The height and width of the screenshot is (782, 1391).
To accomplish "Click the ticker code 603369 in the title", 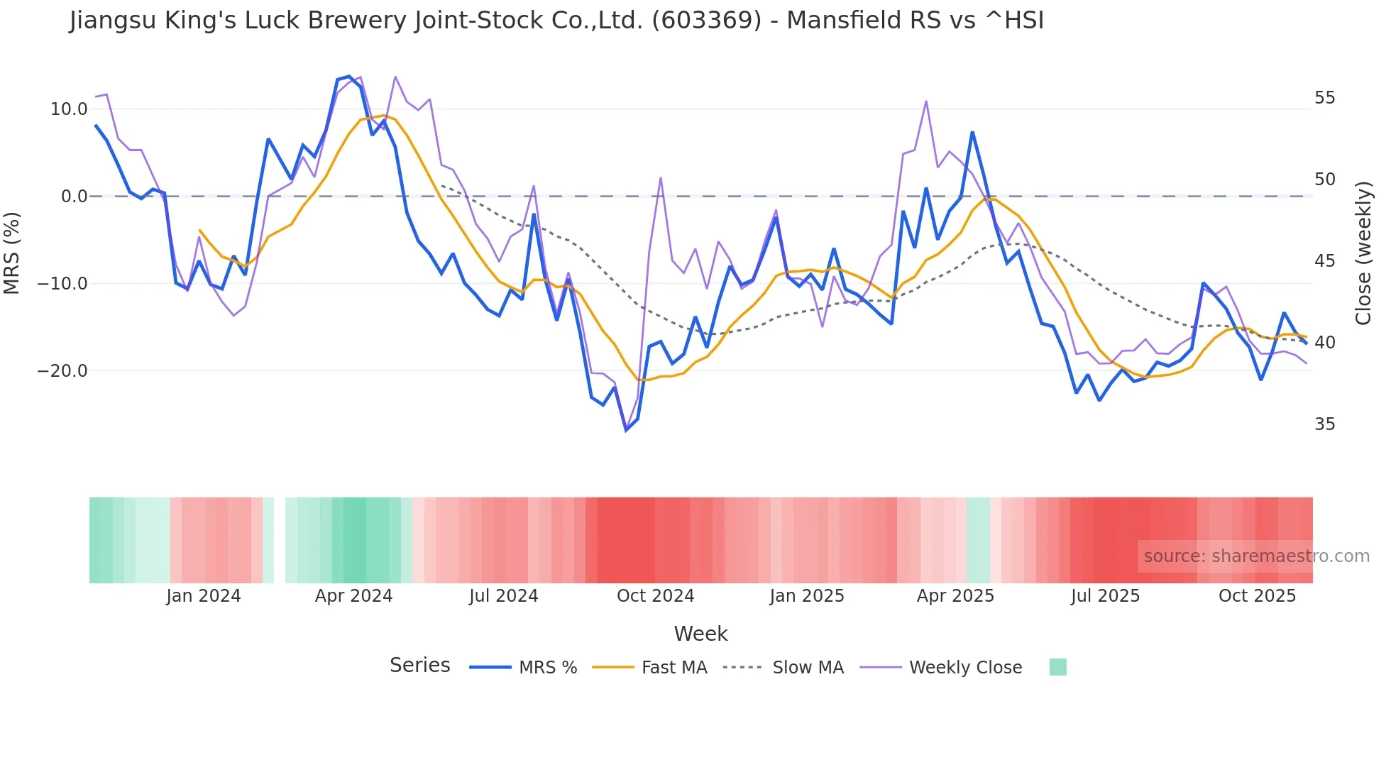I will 706,21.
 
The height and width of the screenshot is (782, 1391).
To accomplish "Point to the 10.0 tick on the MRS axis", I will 69,109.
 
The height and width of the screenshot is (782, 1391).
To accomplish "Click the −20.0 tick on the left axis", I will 62,371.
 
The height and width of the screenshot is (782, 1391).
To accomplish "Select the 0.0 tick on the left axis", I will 75,197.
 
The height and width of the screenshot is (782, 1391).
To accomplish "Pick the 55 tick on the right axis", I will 1324,98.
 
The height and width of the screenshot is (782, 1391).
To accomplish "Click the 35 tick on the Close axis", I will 1324,424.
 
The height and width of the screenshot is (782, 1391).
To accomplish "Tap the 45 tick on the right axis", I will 1324,261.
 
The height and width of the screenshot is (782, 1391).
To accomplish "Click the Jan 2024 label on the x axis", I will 204,596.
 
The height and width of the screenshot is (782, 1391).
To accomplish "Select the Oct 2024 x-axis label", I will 655,596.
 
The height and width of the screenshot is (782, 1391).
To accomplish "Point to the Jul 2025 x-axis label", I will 1105,596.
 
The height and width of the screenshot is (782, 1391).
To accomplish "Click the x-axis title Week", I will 700,634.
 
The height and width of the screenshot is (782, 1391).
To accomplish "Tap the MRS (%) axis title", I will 12,253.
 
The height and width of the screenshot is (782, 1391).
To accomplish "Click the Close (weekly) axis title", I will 1363,253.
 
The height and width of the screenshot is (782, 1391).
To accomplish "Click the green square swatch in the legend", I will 1057,667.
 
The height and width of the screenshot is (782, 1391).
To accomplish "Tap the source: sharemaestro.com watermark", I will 1256,556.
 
